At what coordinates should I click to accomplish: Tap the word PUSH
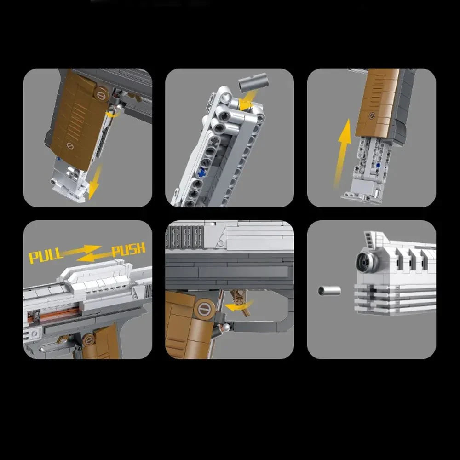(x=129, y=250)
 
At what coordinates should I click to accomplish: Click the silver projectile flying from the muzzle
(x=329, y=290)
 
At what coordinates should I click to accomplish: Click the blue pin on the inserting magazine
(x=378, y=164)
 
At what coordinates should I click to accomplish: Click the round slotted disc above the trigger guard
(x=205, y=309)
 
